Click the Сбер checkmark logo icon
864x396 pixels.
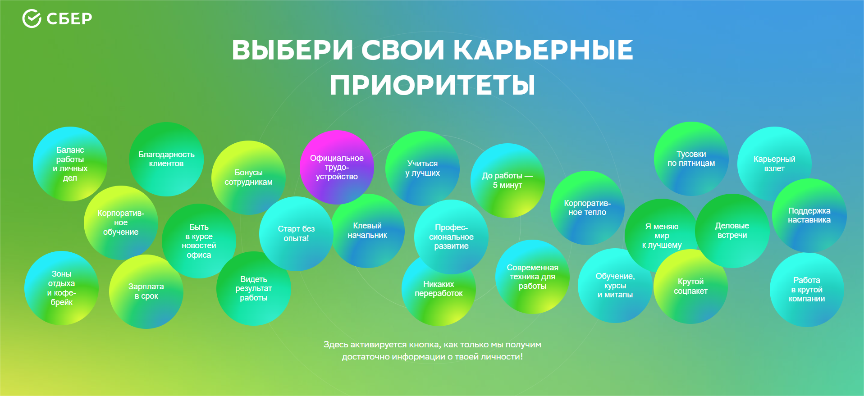tap(32, 18)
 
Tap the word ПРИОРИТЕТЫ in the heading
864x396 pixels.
tap(432, 85)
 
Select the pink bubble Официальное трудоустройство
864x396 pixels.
tap(337, 167)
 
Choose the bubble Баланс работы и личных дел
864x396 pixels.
tap(70, 164)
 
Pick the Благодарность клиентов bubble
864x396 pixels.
tap(166, 159)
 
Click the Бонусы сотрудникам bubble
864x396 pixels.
tap(248, 177)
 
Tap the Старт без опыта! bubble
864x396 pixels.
tap(296, 233)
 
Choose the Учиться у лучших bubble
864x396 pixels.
tap(422, 168)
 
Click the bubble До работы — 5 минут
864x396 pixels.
tap(507, 180)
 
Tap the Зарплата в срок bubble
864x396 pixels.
tap(146, 291)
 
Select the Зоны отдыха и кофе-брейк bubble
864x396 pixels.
tap(61, 288)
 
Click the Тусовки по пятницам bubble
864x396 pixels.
tap(691, 159)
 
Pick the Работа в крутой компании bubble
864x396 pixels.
tap(807, 289)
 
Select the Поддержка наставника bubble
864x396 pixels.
tap(809, 215)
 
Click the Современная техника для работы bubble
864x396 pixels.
tap(532, 277)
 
